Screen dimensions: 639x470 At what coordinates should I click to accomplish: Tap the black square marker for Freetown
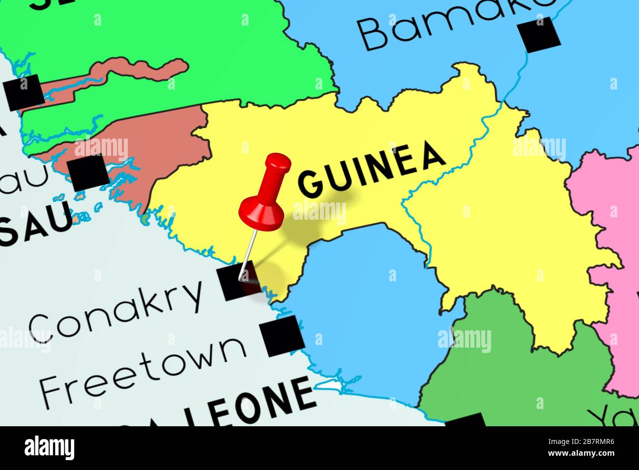tap(282, 336)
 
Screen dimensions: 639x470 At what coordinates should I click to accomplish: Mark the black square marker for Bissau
tap(89, 172)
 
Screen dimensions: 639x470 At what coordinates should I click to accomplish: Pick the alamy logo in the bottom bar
tap(50, 447)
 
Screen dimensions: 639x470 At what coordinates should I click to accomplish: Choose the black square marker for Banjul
tap(24, 92)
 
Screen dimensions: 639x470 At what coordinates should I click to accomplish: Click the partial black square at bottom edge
tap(464, 420)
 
